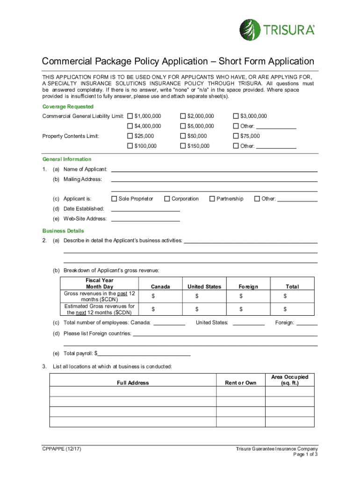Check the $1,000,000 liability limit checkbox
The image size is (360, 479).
pos(130,116)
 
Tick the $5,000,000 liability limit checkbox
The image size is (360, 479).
pos(183,126)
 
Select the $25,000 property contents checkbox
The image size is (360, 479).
pos(130,136)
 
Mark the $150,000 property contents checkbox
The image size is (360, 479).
pos(183,146)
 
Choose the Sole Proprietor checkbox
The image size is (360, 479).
pos(114,199)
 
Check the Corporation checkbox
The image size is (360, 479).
pos(167,199)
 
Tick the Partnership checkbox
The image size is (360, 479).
pos(212,199)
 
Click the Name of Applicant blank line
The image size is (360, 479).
pos(214,169)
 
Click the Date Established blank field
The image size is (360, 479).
pos(145,209)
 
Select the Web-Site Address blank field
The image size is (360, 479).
pos(145,219)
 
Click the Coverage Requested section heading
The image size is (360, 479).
pos(68,107)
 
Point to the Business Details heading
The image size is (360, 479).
pos(63,231)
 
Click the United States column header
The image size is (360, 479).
pos(204,286)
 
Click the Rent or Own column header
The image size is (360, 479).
pos(241,383)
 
